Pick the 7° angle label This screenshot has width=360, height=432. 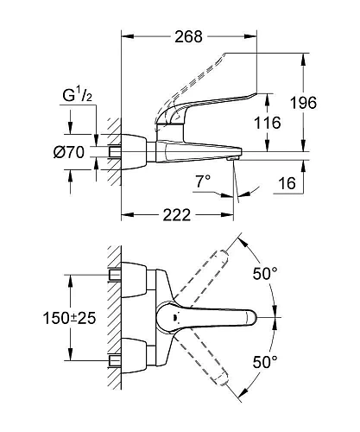[204, 183]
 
